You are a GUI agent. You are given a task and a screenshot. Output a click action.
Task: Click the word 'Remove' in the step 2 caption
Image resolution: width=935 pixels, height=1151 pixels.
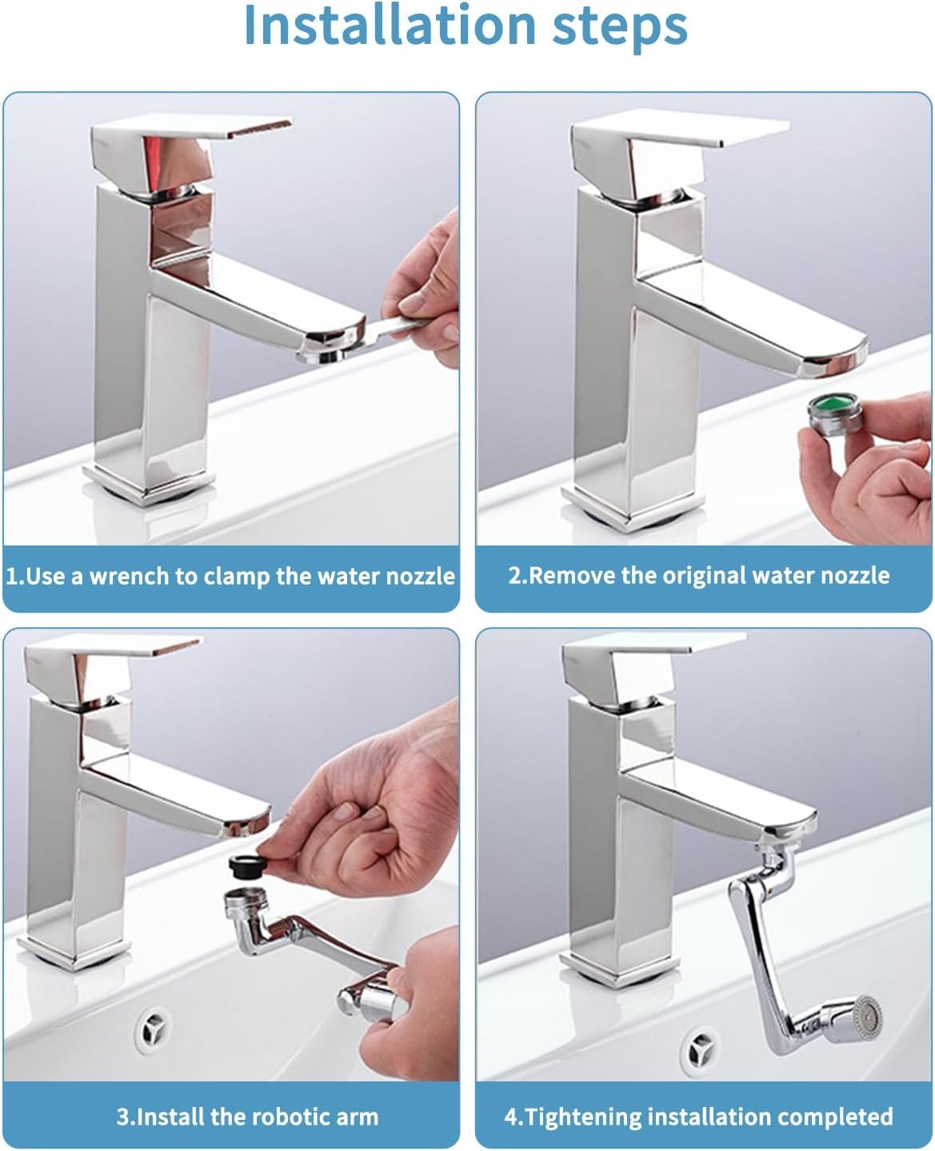[570, 575]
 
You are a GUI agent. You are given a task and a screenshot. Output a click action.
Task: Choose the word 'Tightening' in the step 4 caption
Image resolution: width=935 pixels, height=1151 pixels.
[596, 1117]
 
